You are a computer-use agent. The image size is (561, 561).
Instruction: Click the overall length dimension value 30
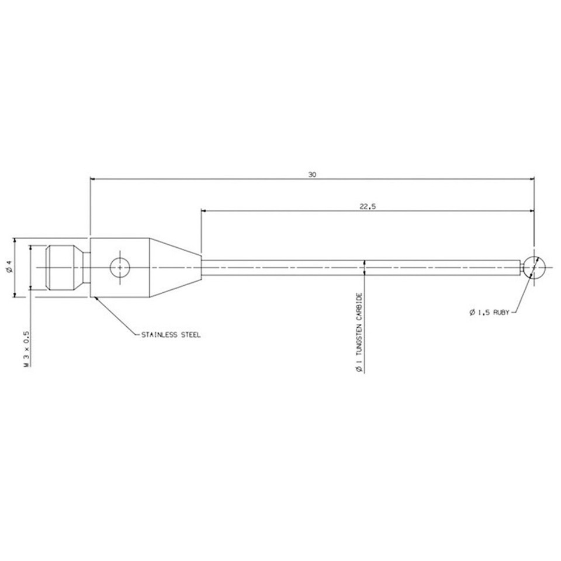tap(313, 175)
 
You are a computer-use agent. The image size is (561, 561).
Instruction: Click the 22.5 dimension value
tap(366, 206)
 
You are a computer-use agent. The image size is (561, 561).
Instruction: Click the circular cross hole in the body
tap(119, 267)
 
